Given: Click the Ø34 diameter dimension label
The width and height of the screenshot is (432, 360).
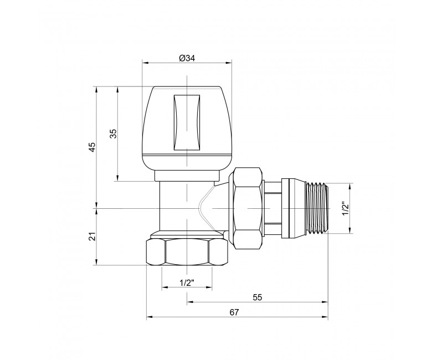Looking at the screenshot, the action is click(187, 58).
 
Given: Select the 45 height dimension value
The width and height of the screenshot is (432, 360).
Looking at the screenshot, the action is click(93, 147).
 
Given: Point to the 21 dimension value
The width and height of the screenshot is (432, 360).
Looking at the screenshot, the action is click(93, 236).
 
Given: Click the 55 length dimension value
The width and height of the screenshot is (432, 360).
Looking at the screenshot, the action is click(258, 297).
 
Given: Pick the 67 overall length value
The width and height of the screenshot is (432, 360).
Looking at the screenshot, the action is click(234, 312).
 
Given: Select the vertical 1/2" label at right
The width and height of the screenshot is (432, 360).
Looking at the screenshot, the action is click(346, 210).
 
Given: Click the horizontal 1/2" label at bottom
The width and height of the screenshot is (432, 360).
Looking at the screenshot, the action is click(187, 282).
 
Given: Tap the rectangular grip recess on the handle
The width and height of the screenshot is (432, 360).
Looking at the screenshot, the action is click(187, 122).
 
